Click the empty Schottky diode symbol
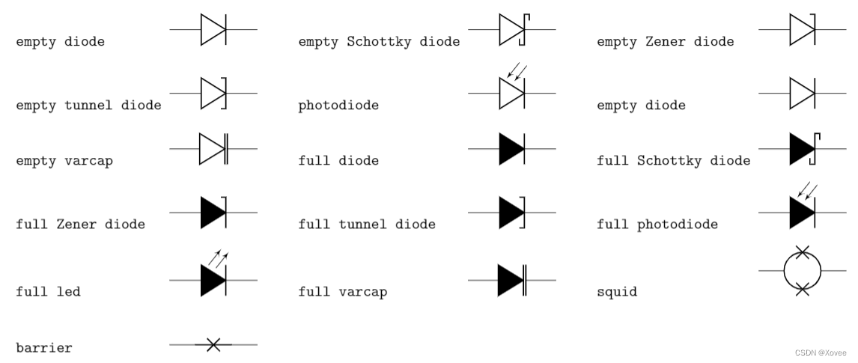coord(514,30)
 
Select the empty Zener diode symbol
coord(803,30)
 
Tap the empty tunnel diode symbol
coord(214,94)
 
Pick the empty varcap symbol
coord(213,149)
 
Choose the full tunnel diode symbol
coord(513,212)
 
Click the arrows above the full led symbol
coord(219,259)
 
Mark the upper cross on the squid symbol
coord(802,252)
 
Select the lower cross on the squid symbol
coord(802,288)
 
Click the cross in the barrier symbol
coord(213,344)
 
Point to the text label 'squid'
coord(617,292)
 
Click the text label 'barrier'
coord(44,348)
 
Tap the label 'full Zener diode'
coord(80,224)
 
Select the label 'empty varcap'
coord(64,161)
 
